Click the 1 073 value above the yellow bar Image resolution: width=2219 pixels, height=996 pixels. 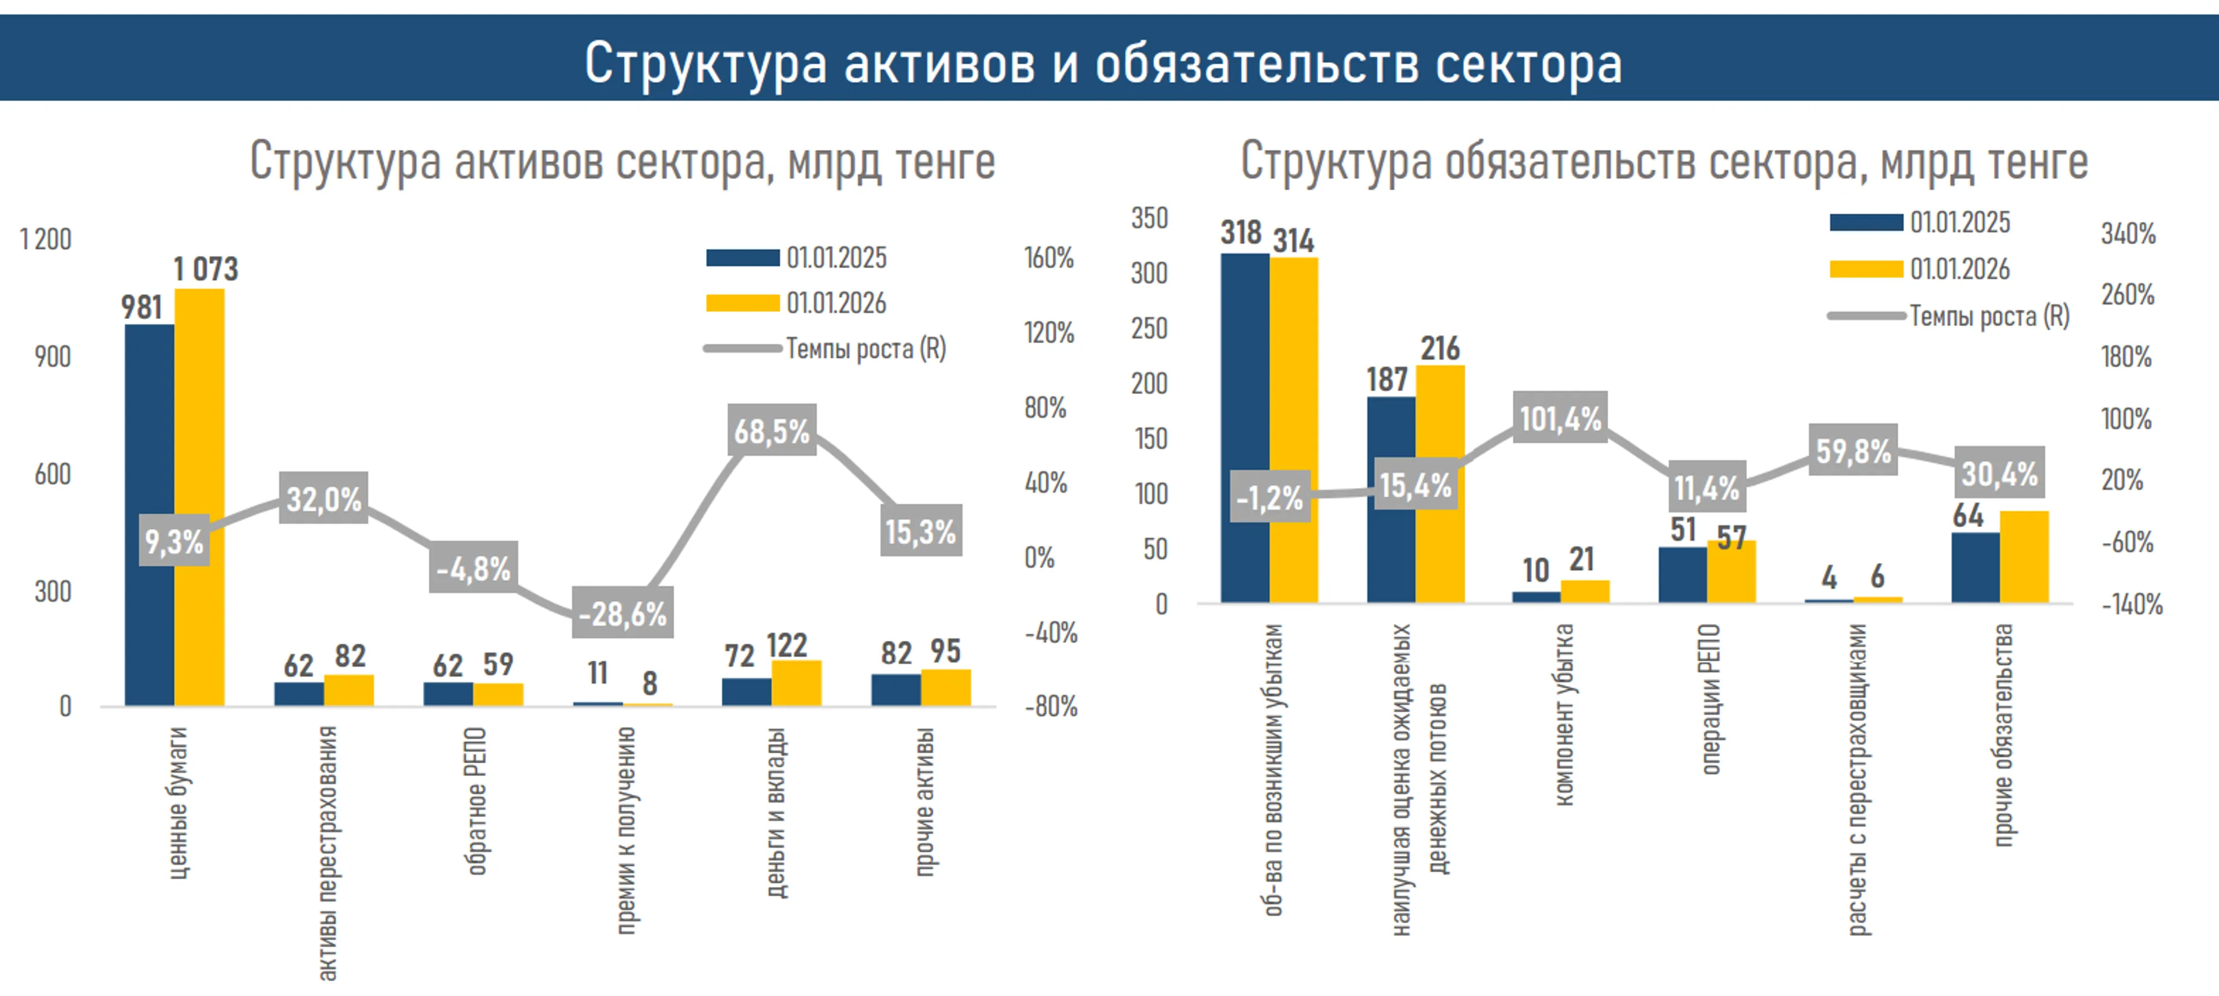pos(205,269)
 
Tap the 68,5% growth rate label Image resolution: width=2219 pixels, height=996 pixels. pos(772,430)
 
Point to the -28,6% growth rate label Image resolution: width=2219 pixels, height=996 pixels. pos(622,613)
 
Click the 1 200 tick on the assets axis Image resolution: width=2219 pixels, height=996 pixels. pos(46,239)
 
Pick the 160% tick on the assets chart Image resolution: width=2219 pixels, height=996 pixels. pos(1048,258)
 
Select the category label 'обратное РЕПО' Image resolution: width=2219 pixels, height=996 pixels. pos(476,801)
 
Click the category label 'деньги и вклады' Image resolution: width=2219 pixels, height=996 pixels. pos(775,812)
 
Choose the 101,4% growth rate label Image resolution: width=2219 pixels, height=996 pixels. pos(1560,418)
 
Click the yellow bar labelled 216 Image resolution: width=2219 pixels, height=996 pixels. pos(1440,483)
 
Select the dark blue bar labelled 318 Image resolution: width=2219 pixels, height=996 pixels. pos(1244,428)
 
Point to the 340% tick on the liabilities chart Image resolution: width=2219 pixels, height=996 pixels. pos(2128,233)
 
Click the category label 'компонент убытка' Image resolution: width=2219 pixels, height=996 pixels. pos(1564,715)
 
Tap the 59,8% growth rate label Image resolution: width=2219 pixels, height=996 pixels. pos(1853,450)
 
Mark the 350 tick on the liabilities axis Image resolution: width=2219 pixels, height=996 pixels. pos(1149,218)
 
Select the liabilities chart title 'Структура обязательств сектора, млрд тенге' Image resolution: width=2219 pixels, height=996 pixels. pos(1664,161)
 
